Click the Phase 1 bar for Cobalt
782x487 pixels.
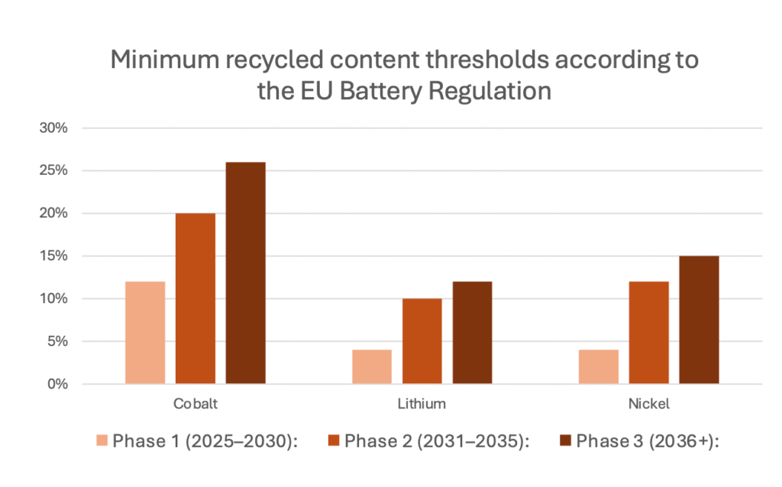pos(145,333)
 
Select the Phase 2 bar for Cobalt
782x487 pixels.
pos(195,298)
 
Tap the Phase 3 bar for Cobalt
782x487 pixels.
pos(246,273)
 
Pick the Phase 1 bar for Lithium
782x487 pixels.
pos(372,366)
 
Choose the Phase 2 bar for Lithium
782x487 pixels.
pos(422,341)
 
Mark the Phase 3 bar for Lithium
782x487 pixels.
pos(472,333)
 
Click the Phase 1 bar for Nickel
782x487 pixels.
pos(599,366)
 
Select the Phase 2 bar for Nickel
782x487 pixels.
pos(649,333)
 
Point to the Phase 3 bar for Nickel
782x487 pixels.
pos(699,320)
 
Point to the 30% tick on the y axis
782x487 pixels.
pos(54,128)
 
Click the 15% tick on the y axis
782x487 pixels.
pos(54,256)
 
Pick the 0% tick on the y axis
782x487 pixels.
pos(58,384)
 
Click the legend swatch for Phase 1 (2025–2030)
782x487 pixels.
pos(102,440)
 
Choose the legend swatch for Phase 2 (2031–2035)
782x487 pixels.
pos(334,440)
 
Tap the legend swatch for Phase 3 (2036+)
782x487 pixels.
pos(566,440)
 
